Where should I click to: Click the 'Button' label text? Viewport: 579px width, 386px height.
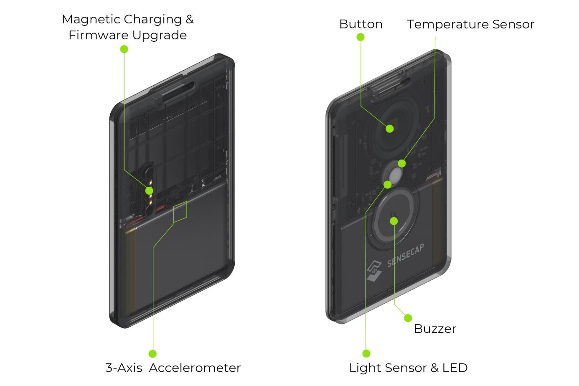[x=361, y=24]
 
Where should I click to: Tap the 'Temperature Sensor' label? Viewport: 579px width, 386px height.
[x=470, y=24]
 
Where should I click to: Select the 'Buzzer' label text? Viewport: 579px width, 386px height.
[x=434, y=329]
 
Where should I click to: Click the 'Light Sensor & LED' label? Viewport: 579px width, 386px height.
[x=408, y=368]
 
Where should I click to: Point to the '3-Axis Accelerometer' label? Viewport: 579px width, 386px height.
[x=173, y=368]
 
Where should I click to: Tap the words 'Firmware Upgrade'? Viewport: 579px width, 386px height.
[x=127, y=35]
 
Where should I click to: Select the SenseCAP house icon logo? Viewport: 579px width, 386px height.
[x=374, y=270]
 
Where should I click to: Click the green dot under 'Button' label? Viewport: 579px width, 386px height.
[x=361, y=37]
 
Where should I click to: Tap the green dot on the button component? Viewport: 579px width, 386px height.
[x=390, y=129]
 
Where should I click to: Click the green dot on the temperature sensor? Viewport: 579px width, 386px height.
[x=402, y=163]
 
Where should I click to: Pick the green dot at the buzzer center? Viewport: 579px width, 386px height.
[x=394, y=221]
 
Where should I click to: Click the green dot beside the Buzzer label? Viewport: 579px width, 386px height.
[x=408, y=318]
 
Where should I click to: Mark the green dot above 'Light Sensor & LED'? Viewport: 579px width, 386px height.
[x=366, y=354]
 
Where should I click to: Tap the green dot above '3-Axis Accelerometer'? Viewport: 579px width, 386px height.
[x=152, y=354]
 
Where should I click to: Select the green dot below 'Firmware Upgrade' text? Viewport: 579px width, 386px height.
[x=124, y=49]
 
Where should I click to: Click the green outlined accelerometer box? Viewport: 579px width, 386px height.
[x=180, y=212]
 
